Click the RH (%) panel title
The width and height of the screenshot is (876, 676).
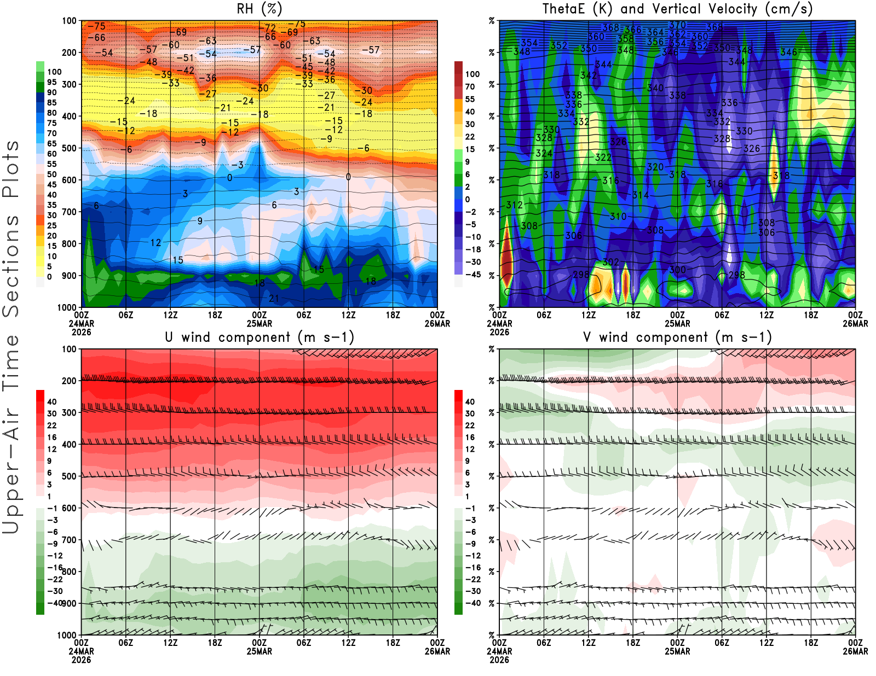coord(259,9)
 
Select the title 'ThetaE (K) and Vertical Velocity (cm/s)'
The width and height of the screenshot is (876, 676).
coord(677,9)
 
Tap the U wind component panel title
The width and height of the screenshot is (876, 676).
coord(259,337)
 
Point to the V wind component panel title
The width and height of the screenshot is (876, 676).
coord(677,337)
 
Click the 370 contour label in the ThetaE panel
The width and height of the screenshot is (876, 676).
coord(677,25)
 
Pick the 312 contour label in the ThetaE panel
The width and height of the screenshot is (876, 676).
coord(514,205)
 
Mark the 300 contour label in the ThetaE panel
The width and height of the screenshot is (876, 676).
coord(677,270)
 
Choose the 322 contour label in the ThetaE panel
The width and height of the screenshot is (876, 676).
coord(603,158)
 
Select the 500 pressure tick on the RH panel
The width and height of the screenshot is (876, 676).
coord(69,148)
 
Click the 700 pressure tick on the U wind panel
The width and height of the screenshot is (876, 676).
coord(69,540)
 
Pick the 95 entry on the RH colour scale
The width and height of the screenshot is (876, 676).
coord(52,82)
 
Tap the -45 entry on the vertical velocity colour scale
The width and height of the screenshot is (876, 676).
coord(472,275)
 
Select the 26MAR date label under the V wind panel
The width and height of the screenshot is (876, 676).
coord(855,651)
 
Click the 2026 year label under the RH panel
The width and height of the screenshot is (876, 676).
coord(81,332)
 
